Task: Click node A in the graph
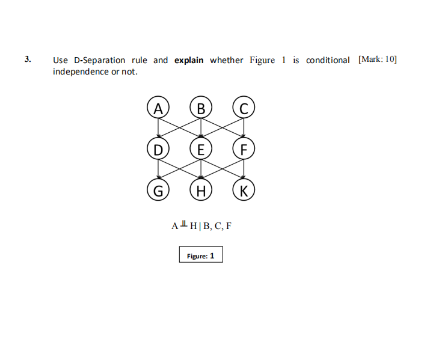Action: pyautogui.click(x=158, y=108)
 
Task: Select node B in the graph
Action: pyautogui.click(x=201, y=108)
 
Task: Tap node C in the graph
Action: pyautogui.click(x=244, y=108)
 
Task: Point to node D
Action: pyautogui.click(x=158, y=148)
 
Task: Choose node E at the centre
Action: pyautogui.click(x=201, y=148)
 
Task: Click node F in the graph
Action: pyautogui.click(x=244, y=148)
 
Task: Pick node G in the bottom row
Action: pyautogui.click(x=158, y=191)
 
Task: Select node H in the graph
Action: pyautogui.click(x=201, y=191)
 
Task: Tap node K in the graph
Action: pyautogui.click(x=244, y=191)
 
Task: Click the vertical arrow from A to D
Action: pyautogui.click(x=158, y=128)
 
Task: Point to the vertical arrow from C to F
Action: pyautogui.click(x=244, y=128)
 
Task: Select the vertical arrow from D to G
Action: pyautogui.click(x=158, y=169)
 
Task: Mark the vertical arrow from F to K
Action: pyautogui.click(x=244, y=169)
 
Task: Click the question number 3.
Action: pyautogui.click(x=28, y=59)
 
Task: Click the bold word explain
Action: pyautogui.click(x=189, y=60)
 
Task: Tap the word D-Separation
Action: pyautogui.click(x=99, y=60)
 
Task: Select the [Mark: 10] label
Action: pyautogui.click(x=377, y=59)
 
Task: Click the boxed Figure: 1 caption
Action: pyautogui.click(x=201, y=255)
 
